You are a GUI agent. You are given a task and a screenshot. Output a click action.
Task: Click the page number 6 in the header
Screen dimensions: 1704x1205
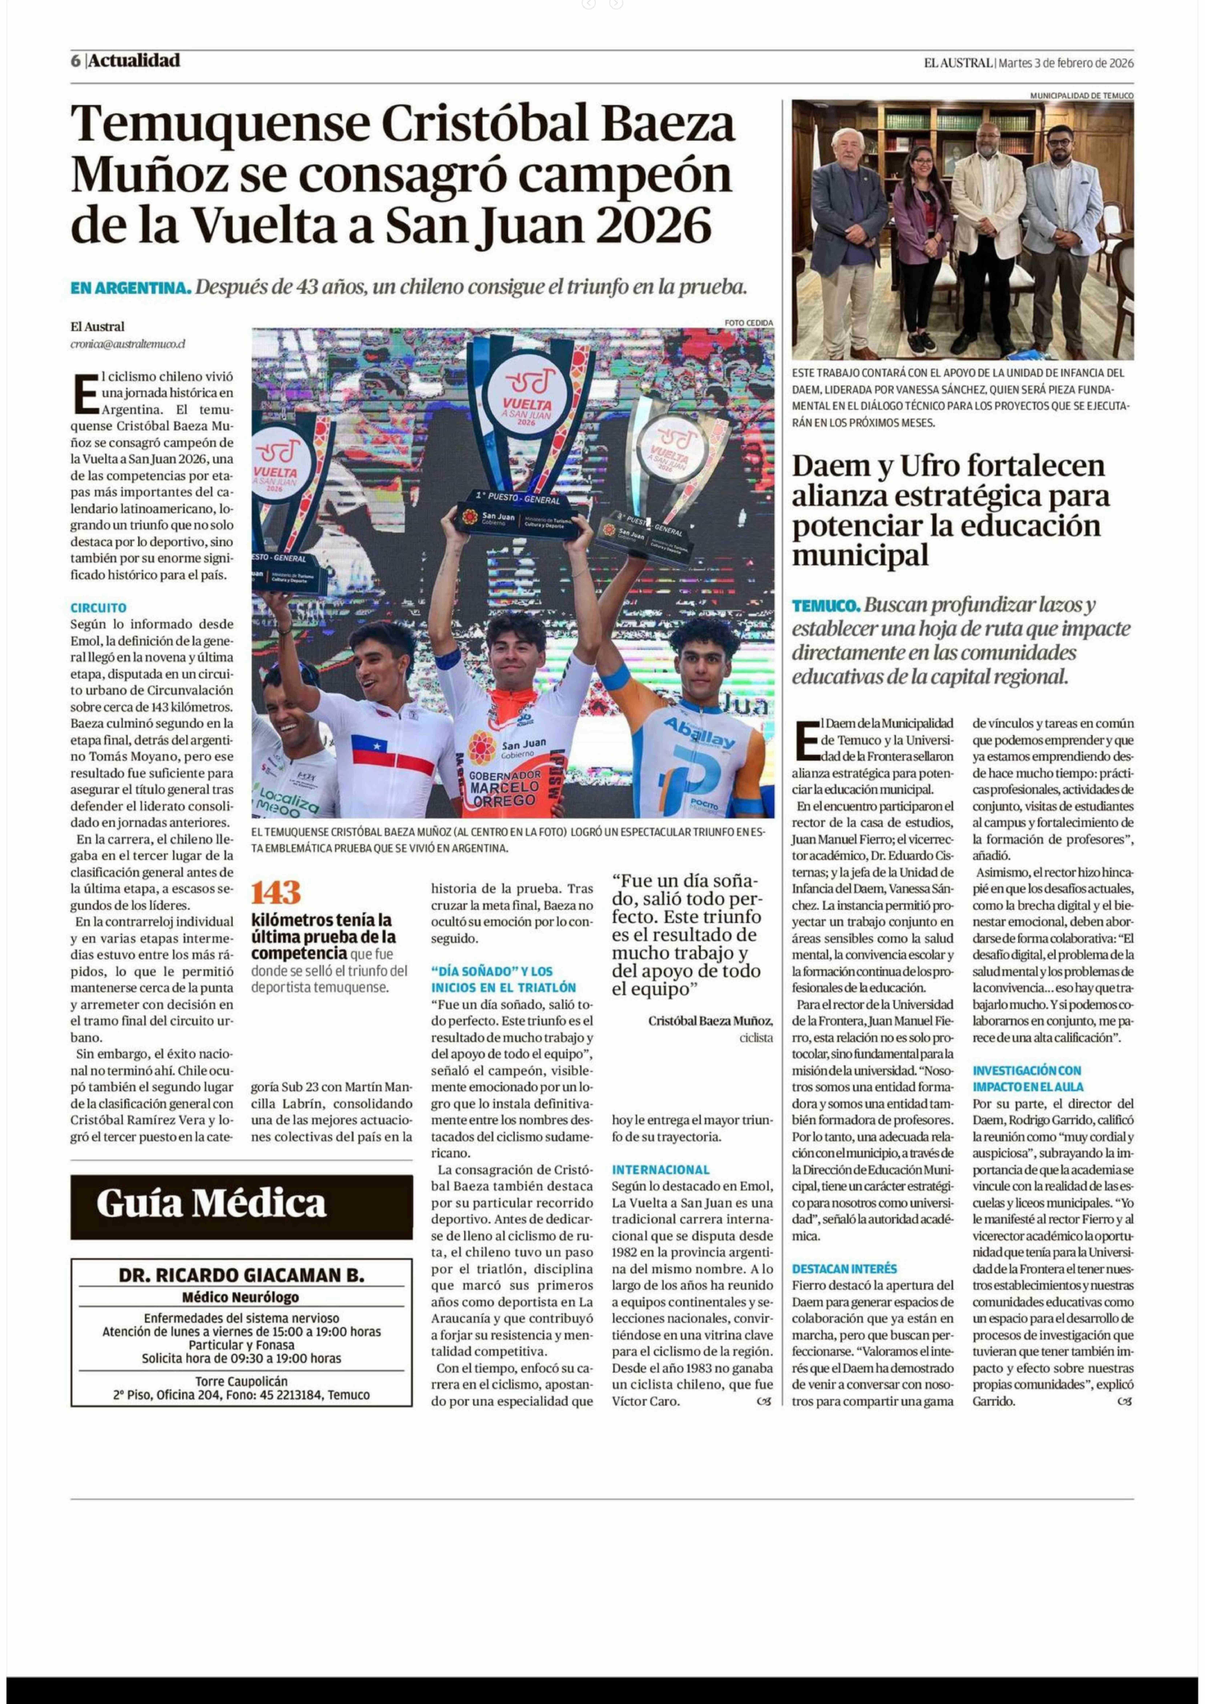point(76,61)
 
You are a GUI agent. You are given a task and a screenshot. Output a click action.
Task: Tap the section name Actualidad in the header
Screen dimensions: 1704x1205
point(134,61)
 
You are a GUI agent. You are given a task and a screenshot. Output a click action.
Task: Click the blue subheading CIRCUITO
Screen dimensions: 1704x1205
point(99,607)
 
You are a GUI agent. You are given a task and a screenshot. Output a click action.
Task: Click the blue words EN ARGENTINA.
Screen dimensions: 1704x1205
point(131,288)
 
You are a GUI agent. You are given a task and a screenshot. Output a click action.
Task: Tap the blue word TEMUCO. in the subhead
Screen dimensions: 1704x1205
point(826,605)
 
